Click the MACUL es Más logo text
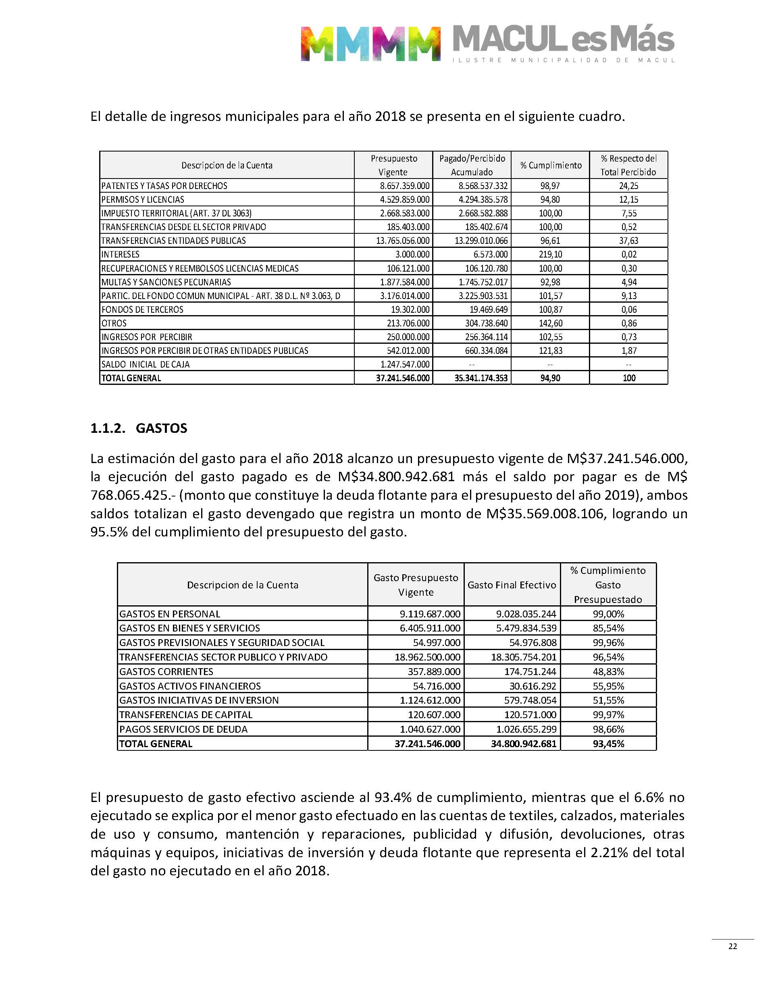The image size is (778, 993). [564, 39]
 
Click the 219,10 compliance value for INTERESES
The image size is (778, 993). [550, 255]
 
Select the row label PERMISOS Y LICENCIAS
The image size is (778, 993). [143, 199]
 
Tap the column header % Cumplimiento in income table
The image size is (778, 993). [551, 165]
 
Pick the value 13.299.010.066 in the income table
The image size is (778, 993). [481, 241]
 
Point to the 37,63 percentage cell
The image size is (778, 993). [628, 241]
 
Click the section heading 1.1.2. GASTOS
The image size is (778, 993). [139, 428]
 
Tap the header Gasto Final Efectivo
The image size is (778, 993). [512, 585]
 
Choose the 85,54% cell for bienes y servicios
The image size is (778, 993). [608, 628]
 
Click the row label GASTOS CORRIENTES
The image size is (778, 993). [166, 671]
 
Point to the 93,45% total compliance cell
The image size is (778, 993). [608, 744]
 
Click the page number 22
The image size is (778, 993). [733, 946]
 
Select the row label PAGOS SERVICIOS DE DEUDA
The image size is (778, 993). [183, 729]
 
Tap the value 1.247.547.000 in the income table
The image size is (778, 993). [404, 364]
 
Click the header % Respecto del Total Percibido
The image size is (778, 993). [628, 165]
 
